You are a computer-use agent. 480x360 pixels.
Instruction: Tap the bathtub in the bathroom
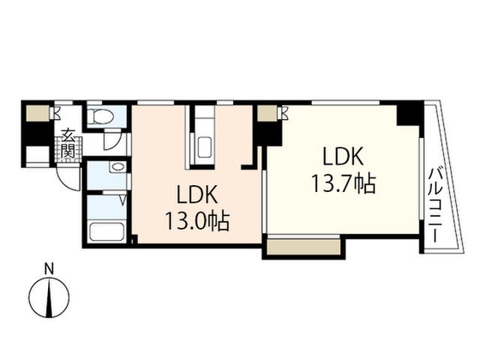click(x=106, y=232)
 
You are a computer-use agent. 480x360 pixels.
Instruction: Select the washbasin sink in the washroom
click(x=118, y=167)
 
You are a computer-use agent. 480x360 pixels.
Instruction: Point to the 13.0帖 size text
click(x=197, y=221)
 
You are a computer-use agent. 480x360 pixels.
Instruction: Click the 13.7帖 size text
click(x=343, y=183)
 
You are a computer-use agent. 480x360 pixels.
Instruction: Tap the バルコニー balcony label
click(x=434, y=205)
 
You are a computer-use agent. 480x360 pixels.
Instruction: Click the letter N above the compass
click(x=49, y=269)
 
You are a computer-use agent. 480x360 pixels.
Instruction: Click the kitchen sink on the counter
click(x=205, y=147)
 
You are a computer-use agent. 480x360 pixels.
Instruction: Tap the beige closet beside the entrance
click(x=37, y=113)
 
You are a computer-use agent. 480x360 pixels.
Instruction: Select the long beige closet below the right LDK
click(x=304, y=247)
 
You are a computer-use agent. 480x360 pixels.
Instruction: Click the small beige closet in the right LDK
click(x=267, y=113)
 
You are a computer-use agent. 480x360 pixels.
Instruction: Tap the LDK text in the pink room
click(x=197, y=194)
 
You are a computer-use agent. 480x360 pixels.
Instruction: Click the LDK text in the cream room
click(x=343, y=157)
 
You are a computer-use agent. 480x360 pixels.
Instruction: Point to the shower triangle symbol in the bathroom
click(x=122, y=200)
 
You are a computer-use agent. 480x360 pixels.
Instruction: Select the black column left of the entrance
click(x=37, y=133)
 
